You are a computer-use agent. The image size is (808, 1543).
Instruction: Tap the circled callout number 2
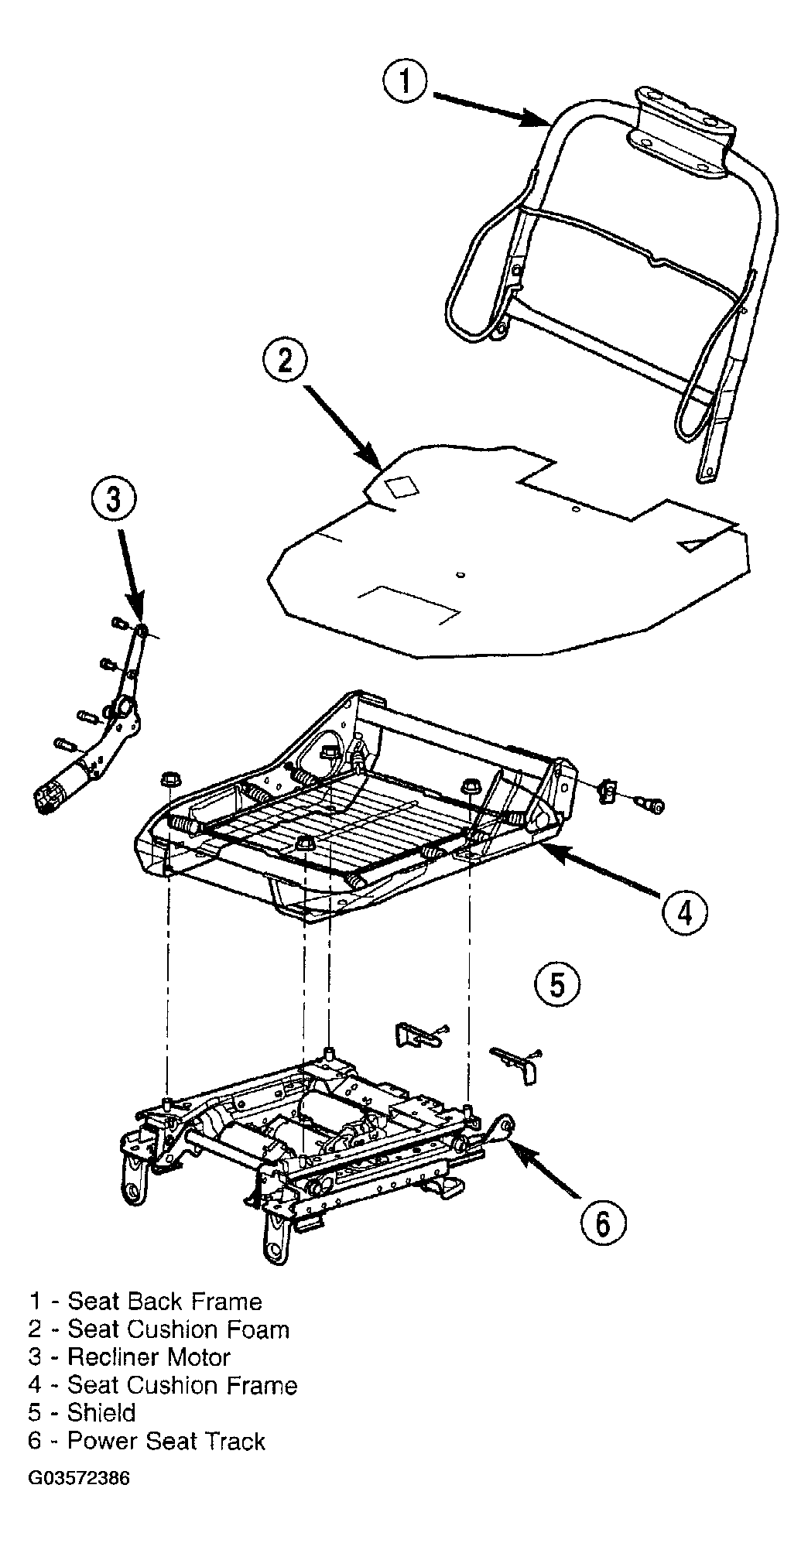(x=286, y=361)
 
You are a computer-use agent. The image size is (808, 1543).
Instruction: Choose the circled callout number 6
(x=603, y=1223)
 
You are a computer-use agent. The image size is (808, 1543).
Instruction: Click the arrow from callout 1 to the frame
(x=491, y=108)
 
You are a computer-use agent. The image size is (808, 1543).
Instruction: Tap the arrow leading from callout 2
(x=341, y=427)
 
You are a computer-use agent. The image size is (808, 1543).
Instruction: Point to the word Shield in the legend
(x=101, y=1413)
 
